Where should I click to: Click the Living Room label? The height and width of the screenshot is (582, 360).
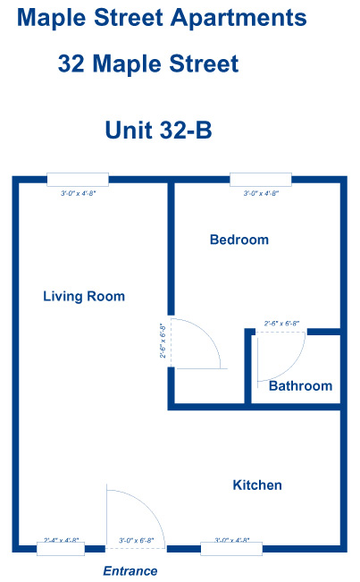[84, 297]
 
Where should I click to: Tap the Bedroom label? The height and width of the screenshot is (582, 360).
[239, 240]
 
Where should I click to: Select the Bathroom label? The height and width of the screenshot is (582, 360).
[300, 386]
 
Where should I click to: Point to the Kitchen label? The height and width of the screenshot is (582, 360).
[257, 485]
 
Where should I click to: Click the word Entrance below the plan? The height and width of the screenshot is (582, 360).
[130, 570]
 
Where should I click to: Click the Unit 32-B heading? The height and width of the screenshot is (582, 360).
[158, 131]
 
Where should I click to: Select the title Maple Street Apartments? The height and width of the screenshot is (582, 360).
[162, 17]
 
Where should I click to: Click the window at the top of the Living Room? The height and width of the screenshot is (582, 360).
[78, 180]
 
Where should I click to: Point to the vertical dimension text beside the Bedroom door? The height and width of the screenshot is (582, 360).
[163, 341]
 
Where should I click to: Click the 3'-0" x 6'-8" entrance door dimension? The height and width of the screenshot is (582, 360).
[137, 540]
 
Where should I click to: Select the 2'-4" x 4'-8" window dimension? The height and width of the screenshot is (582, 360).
[62, 540]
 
